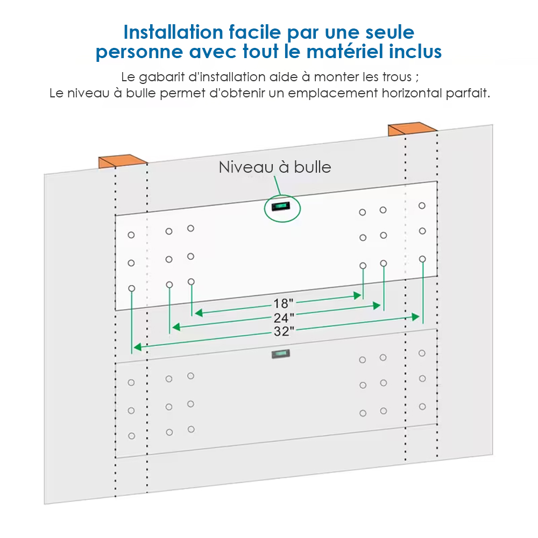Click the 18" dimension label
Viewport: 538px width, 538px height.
pyautogui.click(x=283, y=303)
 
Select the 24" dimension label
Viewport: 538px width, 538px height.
pyautogui.click(x=284, y=318)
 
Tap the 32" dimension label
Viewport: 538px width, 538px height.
pyautogui.click(x=284, y=331)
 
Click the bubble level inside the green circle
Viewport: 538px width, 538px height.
pyautogui.click(x=281, y=206)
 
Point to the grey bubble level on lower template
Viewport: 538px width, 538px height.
pyautogui.click(x=281, y=354)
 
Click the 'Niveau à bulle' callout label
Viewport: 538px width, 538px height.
pyautogui.click(x=275, y=167)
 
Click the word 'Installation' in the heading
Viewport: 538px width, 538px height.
pyautogui.click(x=173, y=32)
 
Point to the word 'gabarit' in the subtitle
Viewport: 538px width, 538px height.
pyautogui.click(x=161, y=77)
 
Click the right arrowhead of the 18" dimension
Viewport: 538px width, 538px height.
pyautogui.click(x=358, y=295)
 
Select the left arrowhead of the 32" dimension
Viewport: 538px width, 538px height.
pyautogui.click(x=138, y=347)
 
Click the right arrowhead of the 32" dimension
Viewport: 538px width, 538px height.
pyautogui.click(x=415, y=317)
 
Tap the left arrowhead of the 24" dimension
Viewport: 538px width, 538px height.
pyautogui.click(x=176, y=327)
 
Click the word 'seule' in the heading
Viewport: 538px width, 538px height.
pyautogui.click(x=390, y=32)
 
